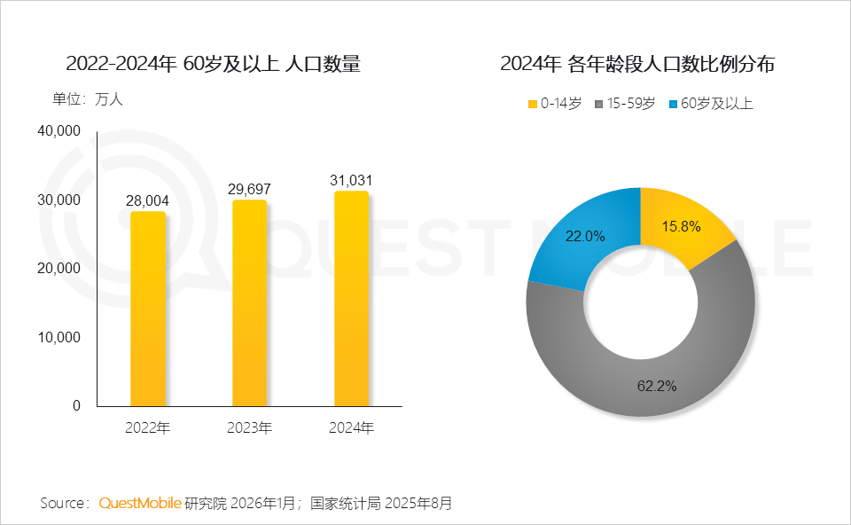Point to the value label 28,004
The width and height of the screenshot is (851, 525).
(x=148, y=201)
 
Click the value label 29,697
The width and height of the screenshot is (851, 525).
(x=249, y=190)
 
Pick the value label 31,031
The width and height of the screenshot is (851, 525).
(x=351, y=181)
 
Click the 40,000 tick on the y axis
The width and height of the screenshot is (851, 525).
(x=59, y=131)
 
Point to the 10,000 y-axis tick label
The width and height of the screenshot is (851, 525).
(x=59, y=337)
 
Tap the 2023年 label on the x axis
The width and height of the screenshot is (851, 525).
(x=249, y=428)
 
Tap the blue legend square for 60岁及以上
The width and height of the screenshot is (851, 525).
(x=674, y=105)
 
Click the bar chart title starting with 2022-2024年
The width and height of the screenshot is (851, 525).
(x=213, y=64)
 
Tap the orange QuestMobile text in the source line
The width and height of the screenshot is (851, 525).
(x=139, y=504)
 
